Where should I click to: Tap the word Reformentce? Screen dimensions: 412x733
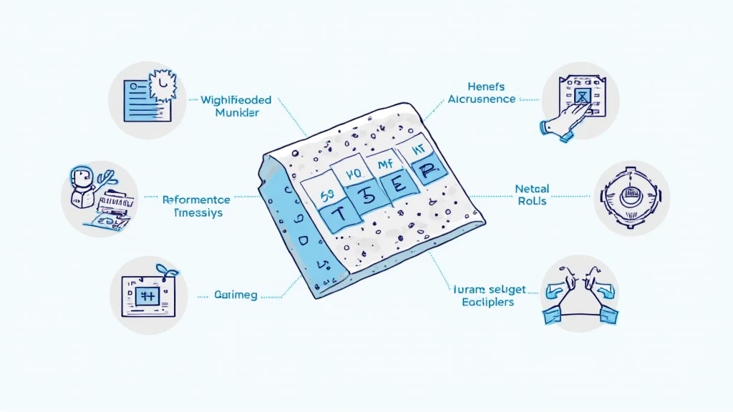click(x=196, y=200)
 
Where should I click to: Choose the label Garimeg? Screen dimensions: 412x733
click(x=236, y=294)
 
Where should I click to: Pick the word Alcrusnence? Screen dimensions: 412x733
click(x=482, y=99)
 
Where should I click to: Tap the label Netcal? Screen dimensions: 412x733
click(x=532, y=189)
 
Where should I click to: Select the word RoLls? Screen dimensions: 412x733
click(x=532, y=202)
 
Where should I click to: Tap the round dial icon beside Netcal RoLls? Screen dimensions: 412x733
click(x=631, y=199)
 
